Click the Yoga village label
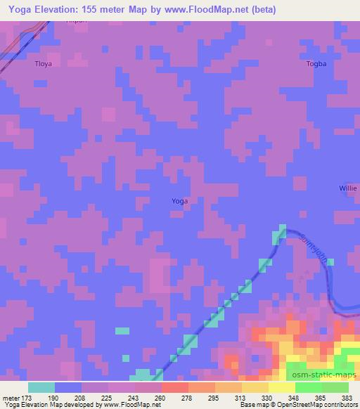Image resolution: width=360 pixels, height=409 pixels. click(179, 201)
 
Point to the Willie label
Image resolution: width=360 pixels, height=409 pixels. click(348, 189)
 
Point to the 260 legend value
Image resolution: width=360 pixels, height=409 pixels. click(161, 398)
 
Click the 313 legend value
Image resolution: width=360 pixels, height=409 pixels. click(241, 398)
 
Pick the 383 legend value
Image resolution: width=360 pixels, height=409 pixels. click(347, 398)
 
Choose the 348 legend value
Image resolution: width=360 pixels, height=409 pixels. click(294, 398)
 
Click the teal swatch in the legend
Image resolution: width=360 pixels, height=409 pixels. click(41, 387)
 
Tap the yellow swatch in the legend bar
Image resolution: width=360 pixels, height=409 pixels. click(281, 387)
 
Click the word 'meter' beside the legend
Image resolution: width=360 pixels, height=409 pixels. click(12, 398)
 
